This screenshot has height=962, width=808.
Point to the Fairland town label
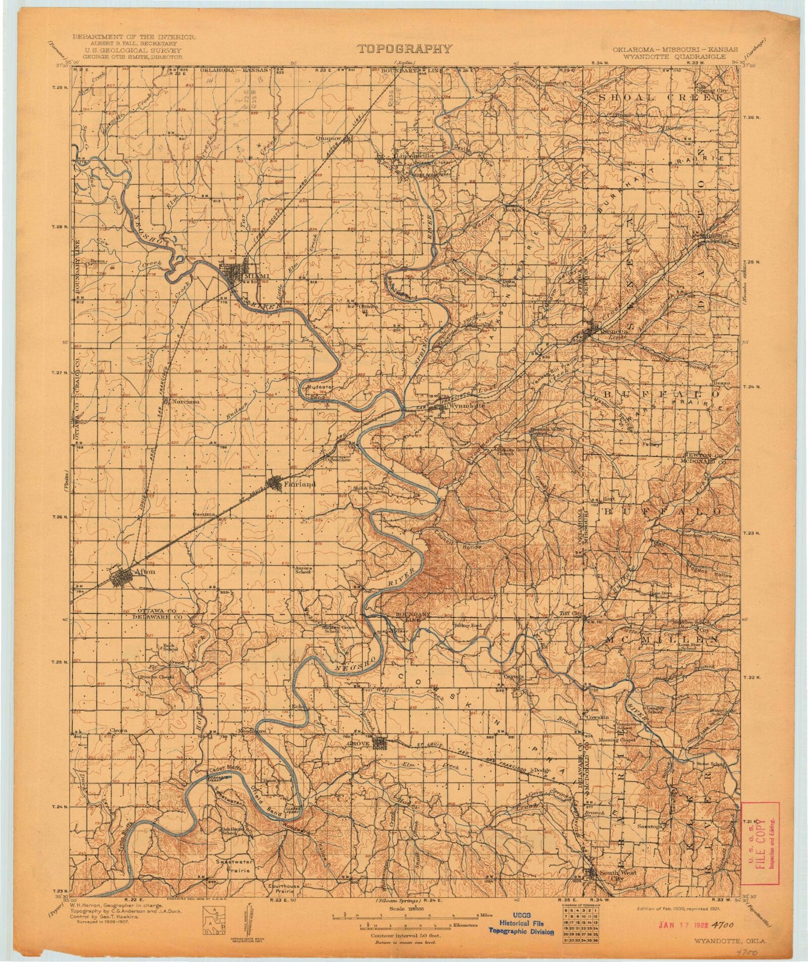coord(300,483)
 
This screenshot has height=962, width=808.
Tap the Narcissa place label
coord(186,402)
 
